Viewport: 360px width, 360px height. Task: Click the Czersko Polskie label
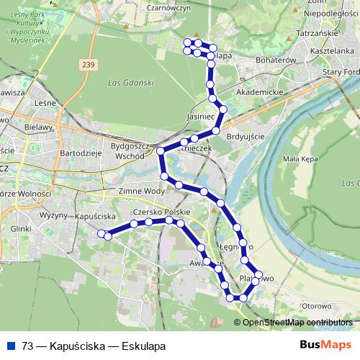(x=161, y=213)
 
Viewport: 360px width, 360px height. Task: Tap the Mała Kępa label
(x=300, y=159)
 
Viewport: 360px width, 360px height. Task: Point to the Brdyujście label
(x=246, y=136)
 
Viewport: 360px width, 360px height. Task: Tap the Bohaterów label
(x=277, y=61)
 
